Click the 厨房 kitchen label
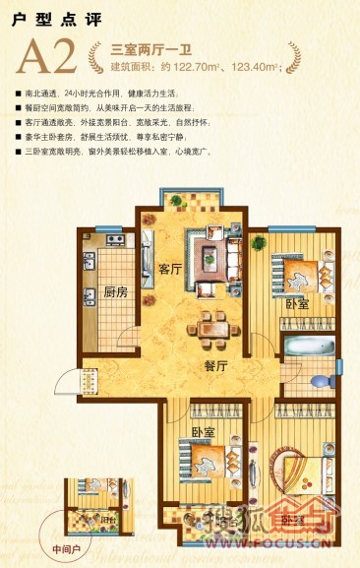coord(116,291)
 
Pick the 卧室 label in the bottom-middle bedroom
coord(204,432)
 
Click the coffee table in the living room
coord(209,259)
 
